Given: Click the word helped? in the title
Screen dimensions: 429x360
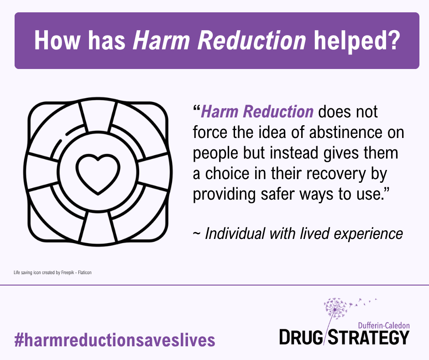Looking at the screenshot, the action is pos(357,41).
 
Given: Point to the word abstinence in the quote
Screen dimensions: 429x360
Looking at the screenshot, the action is pos(345,132).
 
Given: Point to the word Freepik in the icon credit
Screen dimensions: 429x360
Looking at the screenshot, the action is pos(67,273).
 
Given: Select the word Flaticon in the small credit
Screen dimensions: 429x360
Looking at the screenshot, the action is pos(85,272).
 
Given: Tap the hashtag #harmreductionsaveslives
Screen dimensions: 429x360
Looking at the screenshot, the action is pos(115,340).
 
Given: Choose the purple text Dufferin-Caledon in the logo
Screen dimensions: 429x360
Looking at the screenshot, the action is pos(384,325).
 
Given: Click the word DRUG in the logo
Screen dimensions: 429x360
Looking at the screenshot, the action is pos(301,337).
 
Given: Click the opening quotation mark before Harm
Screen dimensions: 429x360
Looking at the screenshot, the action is pos(196,108).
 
